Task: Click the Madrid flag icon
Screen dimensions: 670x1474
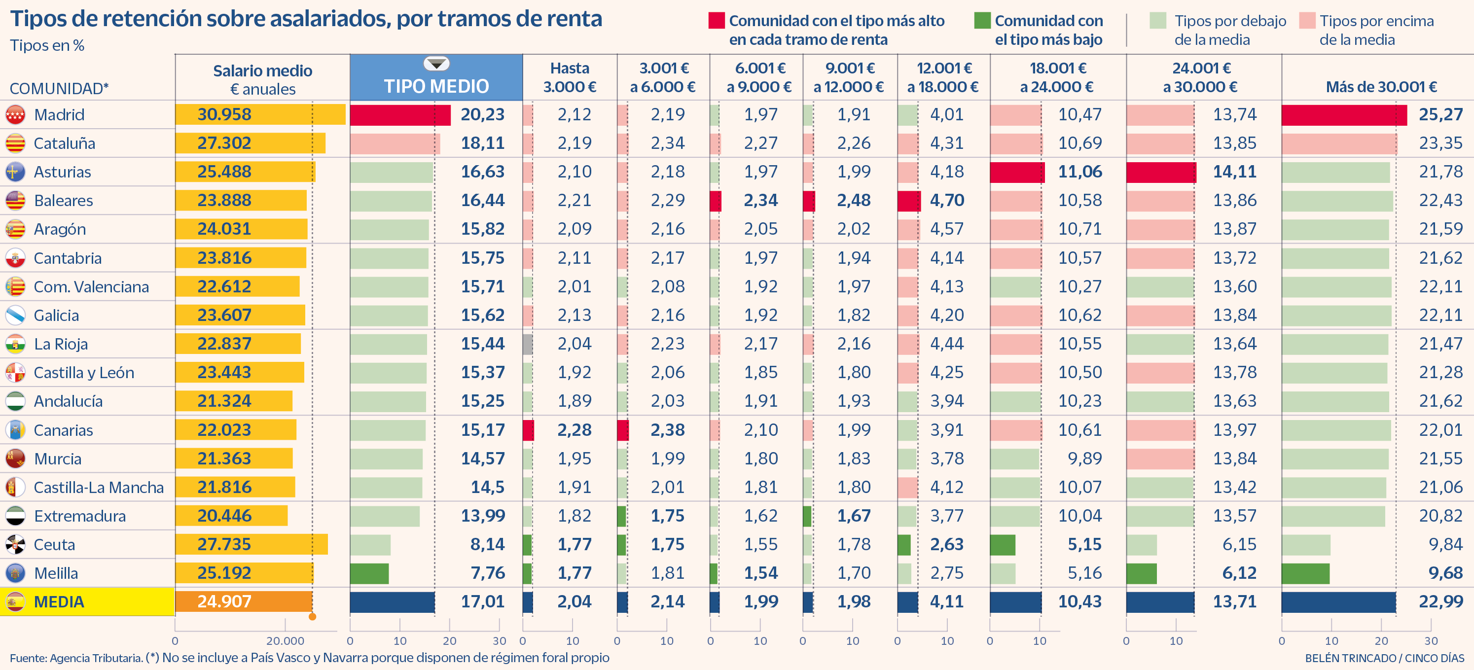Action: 15,115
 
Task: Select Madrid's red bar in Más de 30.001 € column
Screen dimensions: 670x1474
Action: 1343,115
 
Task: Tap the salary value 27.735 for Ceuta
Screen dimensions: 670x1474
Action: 224,544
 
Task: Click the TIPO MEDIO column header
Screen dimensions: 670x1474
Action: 436,86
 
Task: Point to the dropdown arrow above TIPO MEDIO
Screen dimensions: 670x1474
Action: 436,63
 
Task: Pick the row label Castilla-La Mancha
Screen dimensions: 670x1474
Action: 99,488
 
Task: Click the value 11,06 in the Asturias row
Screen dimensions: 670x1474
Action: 1079,172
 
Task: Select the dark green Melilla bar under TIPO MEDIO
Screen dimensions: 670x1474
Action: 369,573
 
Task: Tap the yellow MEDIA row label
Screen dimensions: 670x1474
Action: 59,602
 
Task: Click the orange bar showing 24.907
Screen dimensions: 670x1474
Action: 244,602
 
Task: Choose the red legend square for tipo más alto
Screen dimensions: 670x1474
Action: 717,21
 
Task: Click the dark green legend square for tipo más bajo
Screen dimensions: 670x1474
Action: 982,21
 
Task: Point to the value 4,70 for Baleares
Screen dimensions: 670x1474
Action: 946,200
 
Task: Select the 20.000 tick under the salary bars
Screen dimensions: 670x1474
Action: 285,641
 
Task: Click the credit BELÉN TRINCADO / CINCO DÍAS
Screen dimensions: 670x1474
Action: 1384,658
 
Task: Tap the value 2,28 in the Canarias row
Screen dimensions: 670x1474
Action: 574,430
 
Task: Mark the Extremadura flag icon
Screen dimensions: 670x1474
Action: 15,516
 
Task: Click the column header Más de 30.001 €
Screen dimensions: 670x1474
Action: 1381,87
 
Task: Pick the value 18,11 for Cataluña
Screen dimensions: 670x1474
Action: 482,143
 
